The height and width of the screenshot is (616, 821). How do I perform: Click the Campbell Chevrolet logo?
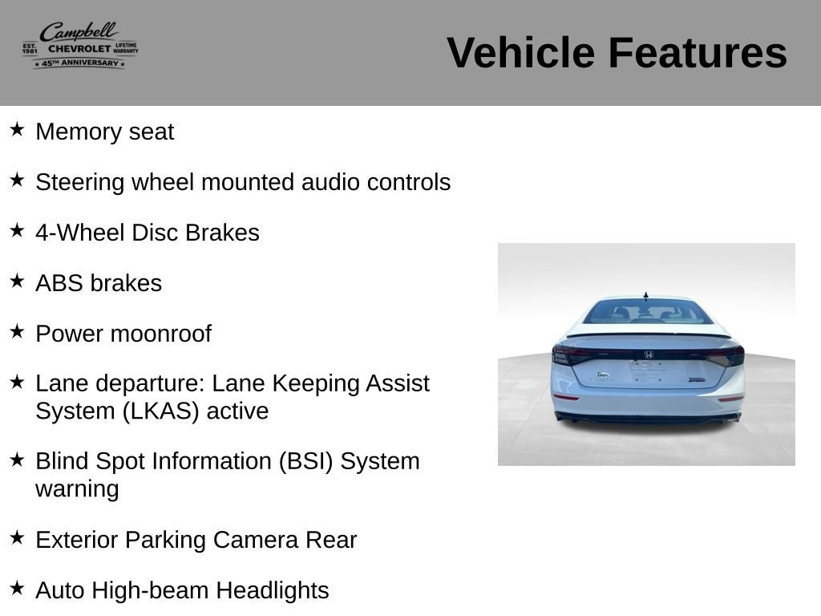(x=80, y=45)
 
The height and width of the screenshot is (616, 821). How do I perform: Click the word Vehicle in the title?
(x=520, y=53)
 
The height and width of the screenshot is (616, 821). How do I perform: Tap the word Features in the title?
(x=698, y=53)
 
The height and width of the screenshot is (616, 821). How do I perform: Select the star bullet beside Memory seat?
(x=18, y=129)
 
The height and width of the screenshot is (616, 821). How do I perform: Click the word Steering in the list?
(x=80, y=183)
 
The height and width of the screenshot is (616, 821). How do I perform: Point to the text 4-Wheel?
(x=80, y=233)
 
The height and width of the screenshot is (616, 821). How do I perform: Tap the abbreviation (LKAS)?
(x=160, y=411)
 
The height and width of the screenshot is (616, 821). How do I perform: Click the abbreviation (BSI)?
(x=305, y=461)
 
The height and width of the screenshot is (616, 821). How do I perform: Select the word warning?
(x=77, y=490)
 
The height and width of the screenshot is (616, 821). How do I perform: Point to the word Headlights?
(x=273, y=591)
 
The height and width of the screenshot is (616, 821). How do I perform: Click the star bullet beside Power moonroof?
(x=18, y=331)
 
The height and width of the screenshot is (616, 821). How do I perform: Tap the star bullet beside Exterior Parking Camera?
(x=18, y=537)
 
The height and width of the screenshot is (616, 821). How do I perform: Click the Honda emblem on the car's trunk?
(x=648, y=355)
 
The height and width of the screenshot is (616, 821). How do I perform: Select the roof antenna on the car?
(x=646, y=297)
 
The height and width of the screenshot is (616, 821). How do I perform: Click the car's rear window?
(x=648, y=312)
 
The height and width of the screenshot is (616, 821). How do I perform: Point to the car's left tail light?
(x=571, y=355)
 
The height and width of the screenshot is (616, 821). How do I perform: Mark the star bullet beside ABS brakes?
(x=18, y=281)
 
